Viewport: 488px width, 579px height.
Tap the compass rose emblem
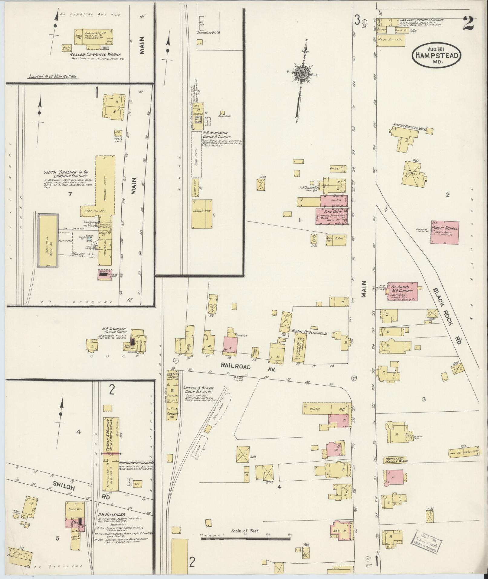click(301, 73)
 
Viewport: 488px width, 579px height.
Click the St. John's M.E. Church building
click(402, 291)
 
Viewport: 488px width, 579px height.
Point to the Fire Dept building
click(331, 216)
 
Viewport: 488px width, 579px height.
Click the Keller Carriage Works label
click(95, 55)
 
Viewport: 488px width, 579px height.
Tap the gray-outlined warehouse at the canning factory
click(48, 241)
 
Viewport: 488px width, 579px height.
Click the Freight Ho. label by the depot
click(172, 415)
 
